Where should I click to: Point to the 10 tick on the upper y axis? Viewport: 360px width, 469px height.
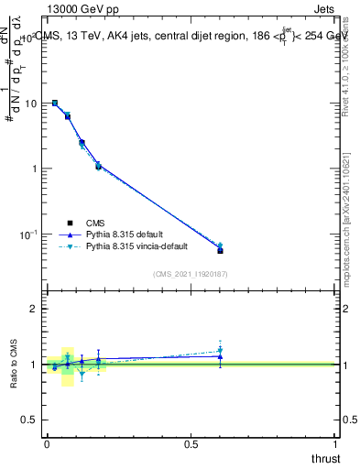pyautogui.click(x=30, y=104)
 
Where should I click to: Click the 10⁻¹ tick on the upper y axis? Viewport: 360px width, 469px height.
pyautogui.click(x=28, y=234)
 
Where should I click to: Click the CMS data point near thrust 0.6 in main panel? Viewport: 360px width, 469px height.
pyautogui.click(x=220, y=250)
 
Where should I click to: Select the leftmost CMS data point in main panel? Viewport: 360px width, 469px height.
pyautogui.click(x=55, y=104)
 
